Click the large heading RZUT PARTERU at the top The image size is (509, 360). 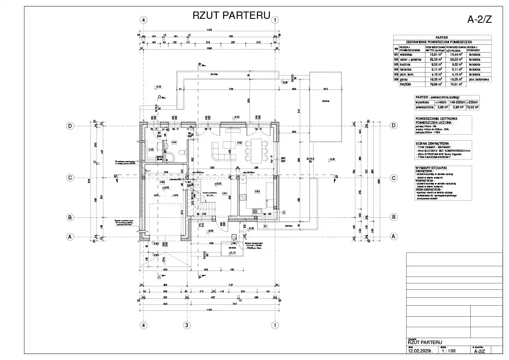tap(231, 15)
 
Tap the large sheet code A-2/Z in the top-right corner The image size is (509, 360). tap(480, 20)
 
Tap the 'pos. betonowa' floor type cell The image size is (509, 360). tap(479, 79)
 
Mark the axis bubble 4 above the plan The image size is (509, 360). tap(144, 20)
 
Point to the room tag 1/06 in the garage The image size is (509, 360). tap(162, 182)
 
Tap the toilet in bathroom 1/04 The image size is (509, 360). tap(182, 152)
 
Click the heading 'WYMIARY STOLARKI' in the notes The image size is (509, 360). tap(430, 168)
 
